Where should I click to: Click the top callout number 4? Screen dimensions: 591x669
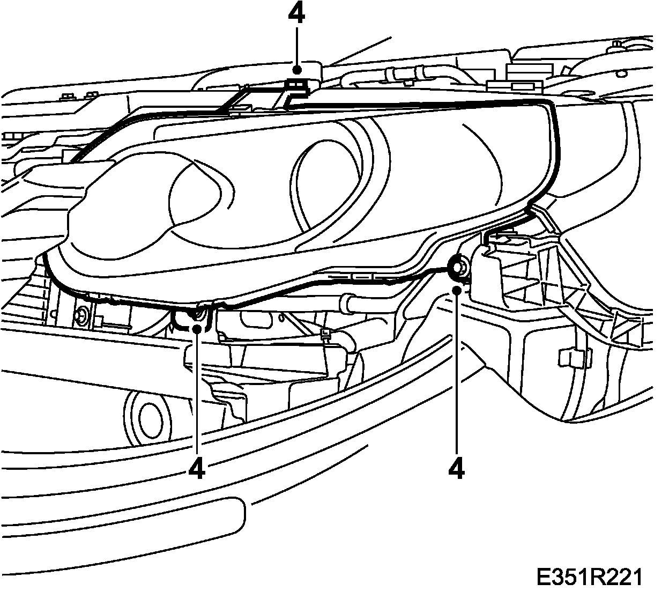click(x=296, y=14)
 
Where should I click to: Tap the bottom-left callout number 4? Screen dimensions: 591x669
click(x=197, y=468)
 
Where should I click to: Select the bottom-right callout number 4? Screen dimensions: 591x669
click(x=456, y=468)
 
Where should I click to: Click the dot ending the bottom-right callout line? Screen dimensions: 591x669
click(x=456, y=290)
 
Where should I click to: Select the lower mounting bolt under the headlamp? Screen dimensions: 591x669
click(x=199, y=315)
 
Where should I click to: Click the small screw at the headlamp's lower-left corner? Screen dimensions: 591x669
click(x=83, y=316)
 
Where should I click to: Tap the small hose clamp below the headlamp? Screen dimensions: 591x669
click(x=325, y=336)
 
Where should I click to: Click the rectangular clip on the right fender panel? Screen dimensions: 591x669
click(x=573, y=357)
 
